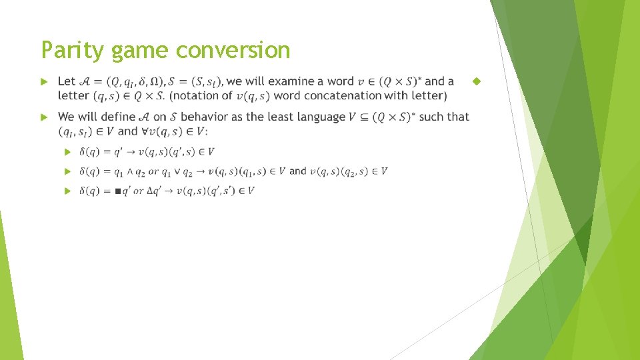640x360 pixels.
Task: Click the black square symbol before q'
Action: [117, 191]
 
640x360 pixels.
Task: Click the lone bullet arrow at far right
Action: [476, 81]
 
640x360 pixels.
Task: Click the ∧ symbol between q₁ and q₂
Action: [130, 172]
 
